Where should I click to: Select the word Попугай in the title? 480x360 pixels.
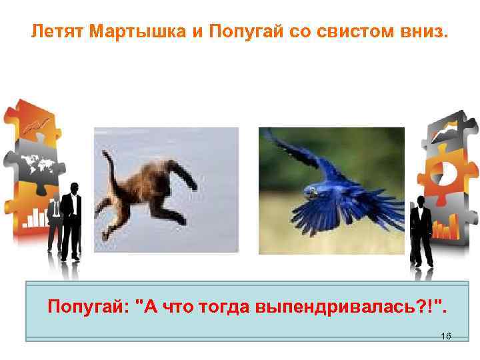click(x=238, y=31)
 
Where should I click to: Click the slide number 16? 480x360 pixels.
click(x=446, y=336)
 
